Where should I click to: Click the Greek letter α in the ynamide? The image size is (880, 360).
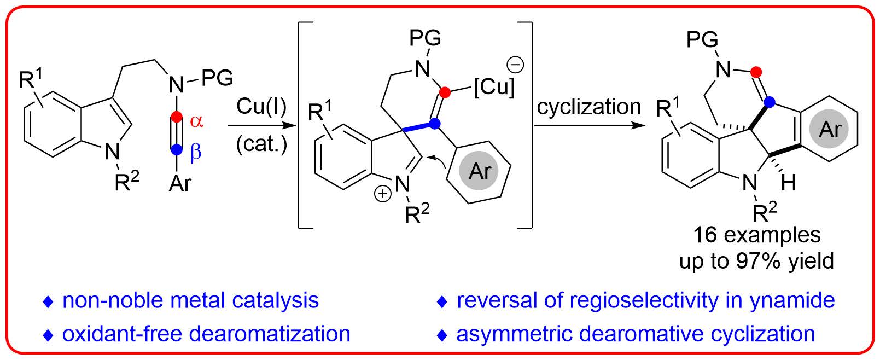tap(196, 121)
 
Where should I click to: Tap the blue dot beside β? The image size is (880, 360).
tap(176, 149)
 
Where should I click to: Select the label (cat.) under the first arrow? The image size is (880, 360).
tap(261, 145)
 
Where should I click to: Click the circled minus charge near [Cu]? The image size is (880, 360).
tap(516, 65)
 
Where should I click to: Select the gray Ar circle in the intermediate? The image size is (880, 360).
tap(480, 171)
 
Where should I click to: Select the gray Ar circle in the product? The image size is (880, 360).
tap(830, 129)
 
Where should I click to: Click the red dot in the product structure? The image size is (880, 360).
tap(756, 72)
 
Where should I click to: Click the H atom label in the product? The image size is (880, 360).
tap(788, 183)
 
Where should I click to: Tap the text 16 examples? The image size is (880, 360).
tap(756, 235)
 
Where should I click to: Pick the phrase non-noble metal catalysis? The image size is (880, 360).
tap(190, 300)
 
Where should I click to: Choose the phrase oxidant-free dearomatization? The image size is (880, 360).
tap(206, 334)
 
